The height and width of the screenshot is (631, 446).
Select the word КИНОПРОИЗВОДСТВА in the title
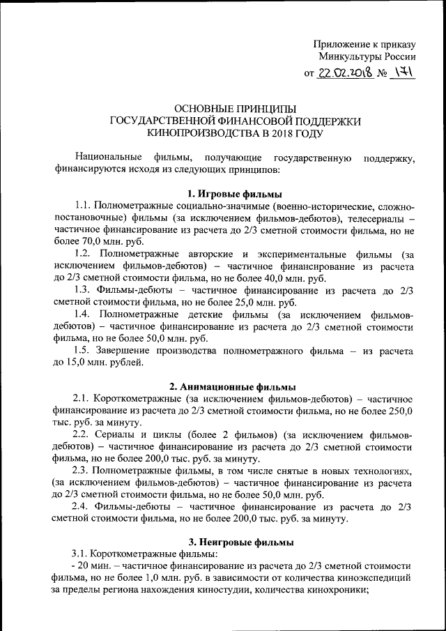207,132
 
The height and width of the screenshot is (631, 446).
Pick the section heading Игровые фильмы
238,194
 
